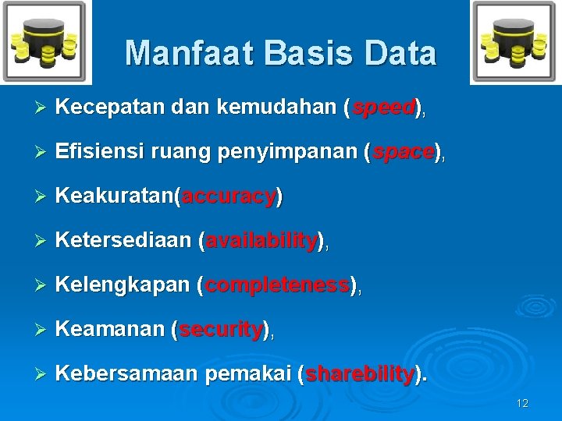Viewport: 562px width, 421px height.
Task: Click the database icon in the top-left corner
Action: point(45,42)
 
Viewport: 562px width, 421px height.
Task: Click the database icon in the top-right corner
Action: point(514,42)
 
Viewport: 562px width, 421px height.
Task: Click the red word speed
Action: point(383,109)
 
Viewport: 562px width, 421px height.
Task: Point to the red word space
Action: point(403,154)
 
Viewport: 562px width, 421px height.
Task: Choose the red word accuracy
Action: point(229,197)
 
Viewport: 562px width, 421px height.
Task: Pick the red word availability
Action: point(261,242)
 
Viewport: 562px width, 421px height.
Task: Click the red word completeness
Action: point(277,286)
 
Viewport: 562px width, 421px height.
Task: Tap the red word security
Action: point(222,331)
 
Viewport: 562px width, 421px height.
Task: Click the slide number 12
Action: point(522,403)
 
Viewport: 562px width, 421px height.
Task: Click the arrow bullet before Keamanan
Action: point(43,331)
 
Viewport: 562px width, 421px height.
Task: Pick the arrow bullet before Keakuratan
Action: point(43,197)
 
